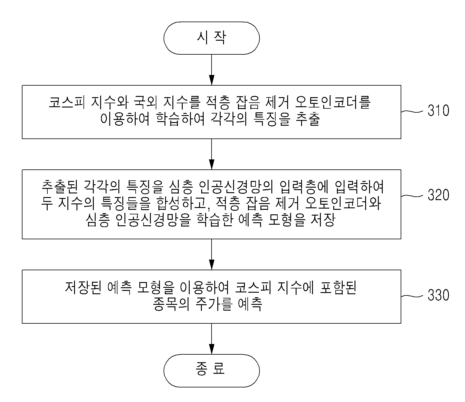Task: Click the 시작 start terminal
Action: [212, 38]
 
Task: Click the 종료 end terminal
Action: [212, 370]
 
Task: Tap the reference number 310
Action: [438, 110]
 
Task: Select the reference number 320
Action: [438, 195]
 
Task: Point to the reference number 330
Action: [438, 295]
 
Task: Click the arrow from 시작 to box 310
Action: [212, 70]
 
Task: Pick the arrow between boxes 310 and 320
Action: [212, 154]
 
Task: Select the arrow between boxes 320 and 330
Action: [212, 254]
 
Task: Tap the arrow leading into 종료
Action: [212, 339]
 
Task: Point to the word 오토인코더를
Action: [333, 102]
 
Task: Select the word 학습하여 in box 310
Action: [180, 119]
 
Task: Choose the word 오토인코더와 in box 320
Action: [343, 203]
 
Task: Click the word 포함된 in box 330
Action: [338, 287]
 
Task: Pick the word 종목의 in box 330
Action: [171, 304]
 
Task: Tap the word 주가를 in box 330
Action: [214, 304]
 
